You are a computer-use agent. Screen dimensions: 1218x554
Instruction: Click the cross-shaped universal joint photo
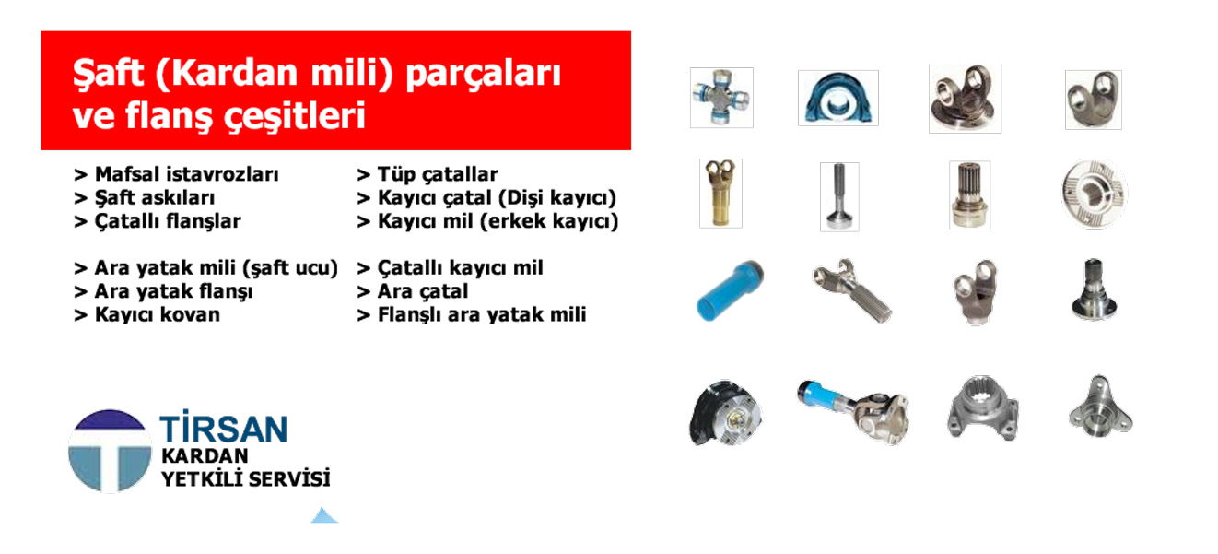point(721,98)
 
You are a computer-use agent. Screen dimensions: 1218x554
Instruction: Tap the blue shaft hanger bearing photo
point(837,98)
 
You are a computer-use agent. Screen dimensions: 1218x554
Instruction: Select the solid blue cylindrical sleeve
point(731,290)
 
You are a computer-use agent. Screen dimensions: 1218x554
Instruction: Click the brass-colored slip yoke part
point(720,194)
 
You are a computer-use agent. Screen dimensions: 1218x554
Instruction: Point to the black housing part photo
point(725,413)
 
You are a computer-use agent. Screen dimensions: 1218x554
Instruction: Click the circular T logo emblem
point(110,451)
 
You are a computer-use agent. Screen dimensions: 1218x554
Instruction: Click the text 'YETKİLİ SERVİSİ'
point(246,479)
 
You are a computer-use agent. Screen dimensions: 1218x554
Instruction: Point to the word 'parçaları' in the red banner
point(484,75)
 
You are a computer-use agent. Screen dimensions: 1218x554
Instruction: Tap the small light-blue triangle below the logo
point(324,515)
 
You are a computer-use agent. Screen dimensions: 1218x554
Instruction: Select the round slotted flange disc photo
point(1094,194)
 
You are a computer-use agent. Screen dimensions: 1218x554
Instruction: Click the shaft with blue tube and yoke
point(852,411)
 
